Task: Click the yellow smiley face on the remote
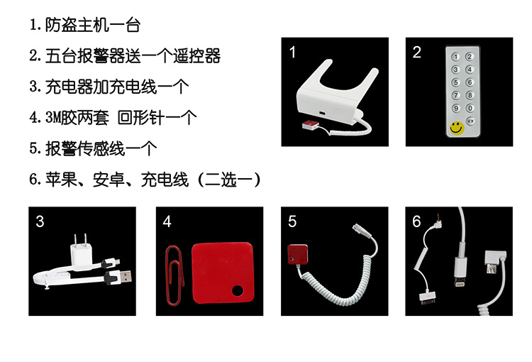[x=457, y=128]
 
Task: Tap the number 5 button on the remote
[x=455, y=82]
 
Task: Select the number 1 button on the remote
[x=455, y=57]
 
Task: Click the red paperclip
[x=174, y=275]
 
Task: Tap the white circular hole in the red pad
[x=238, y=291]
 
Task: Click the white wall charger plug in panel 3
[x=82, y=252]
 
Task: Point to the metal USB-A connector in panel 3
[x=125, y=276]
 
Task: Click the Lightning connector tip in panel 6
[x=460, y=283]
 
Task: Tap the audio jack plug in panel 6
[x=438, y=220]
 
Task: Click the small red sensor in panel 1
[x=311, y=125]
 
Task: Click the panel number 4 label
[x=167, y=221]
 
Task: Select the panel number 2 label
[x=417, y=53]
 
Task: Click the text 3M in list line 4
[x=53, y=118]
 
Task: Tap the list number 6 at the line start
[x=33, y=179]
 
